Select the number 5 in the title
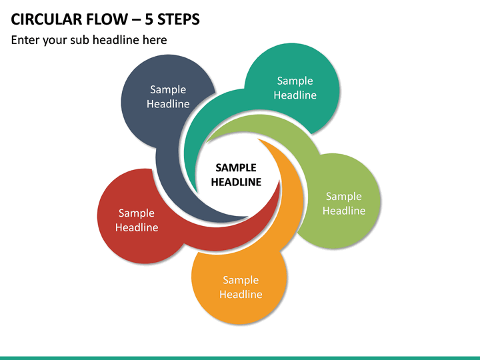(x=149, y=19)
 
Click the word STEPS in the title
(x=179, y=19)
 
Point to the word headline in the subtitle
(x=116, y=40)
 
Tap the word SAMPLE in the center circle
(x=236, y=168)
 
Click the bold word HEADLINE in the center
(x=236, y=182)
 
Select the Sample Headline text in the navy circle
(x=168, y=97)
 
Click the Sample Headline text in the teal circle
(x=295, y=88)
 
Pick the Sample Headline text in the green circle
(x=344, y=203)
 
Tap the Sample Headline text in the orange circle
(x=241, y=287)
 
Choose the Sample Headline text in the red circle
(x=137, y=220)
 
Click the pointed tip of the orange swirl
(x=258, y=139)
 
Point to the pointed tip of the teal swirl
(x=197, y=193)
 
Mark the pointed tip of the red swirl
(x=279, y=181)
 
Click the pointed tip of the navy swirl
(x=247, y=217)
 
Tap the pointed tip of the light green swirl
(x=207, y=143)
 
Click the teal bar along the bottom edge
(x=240, y=358)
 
